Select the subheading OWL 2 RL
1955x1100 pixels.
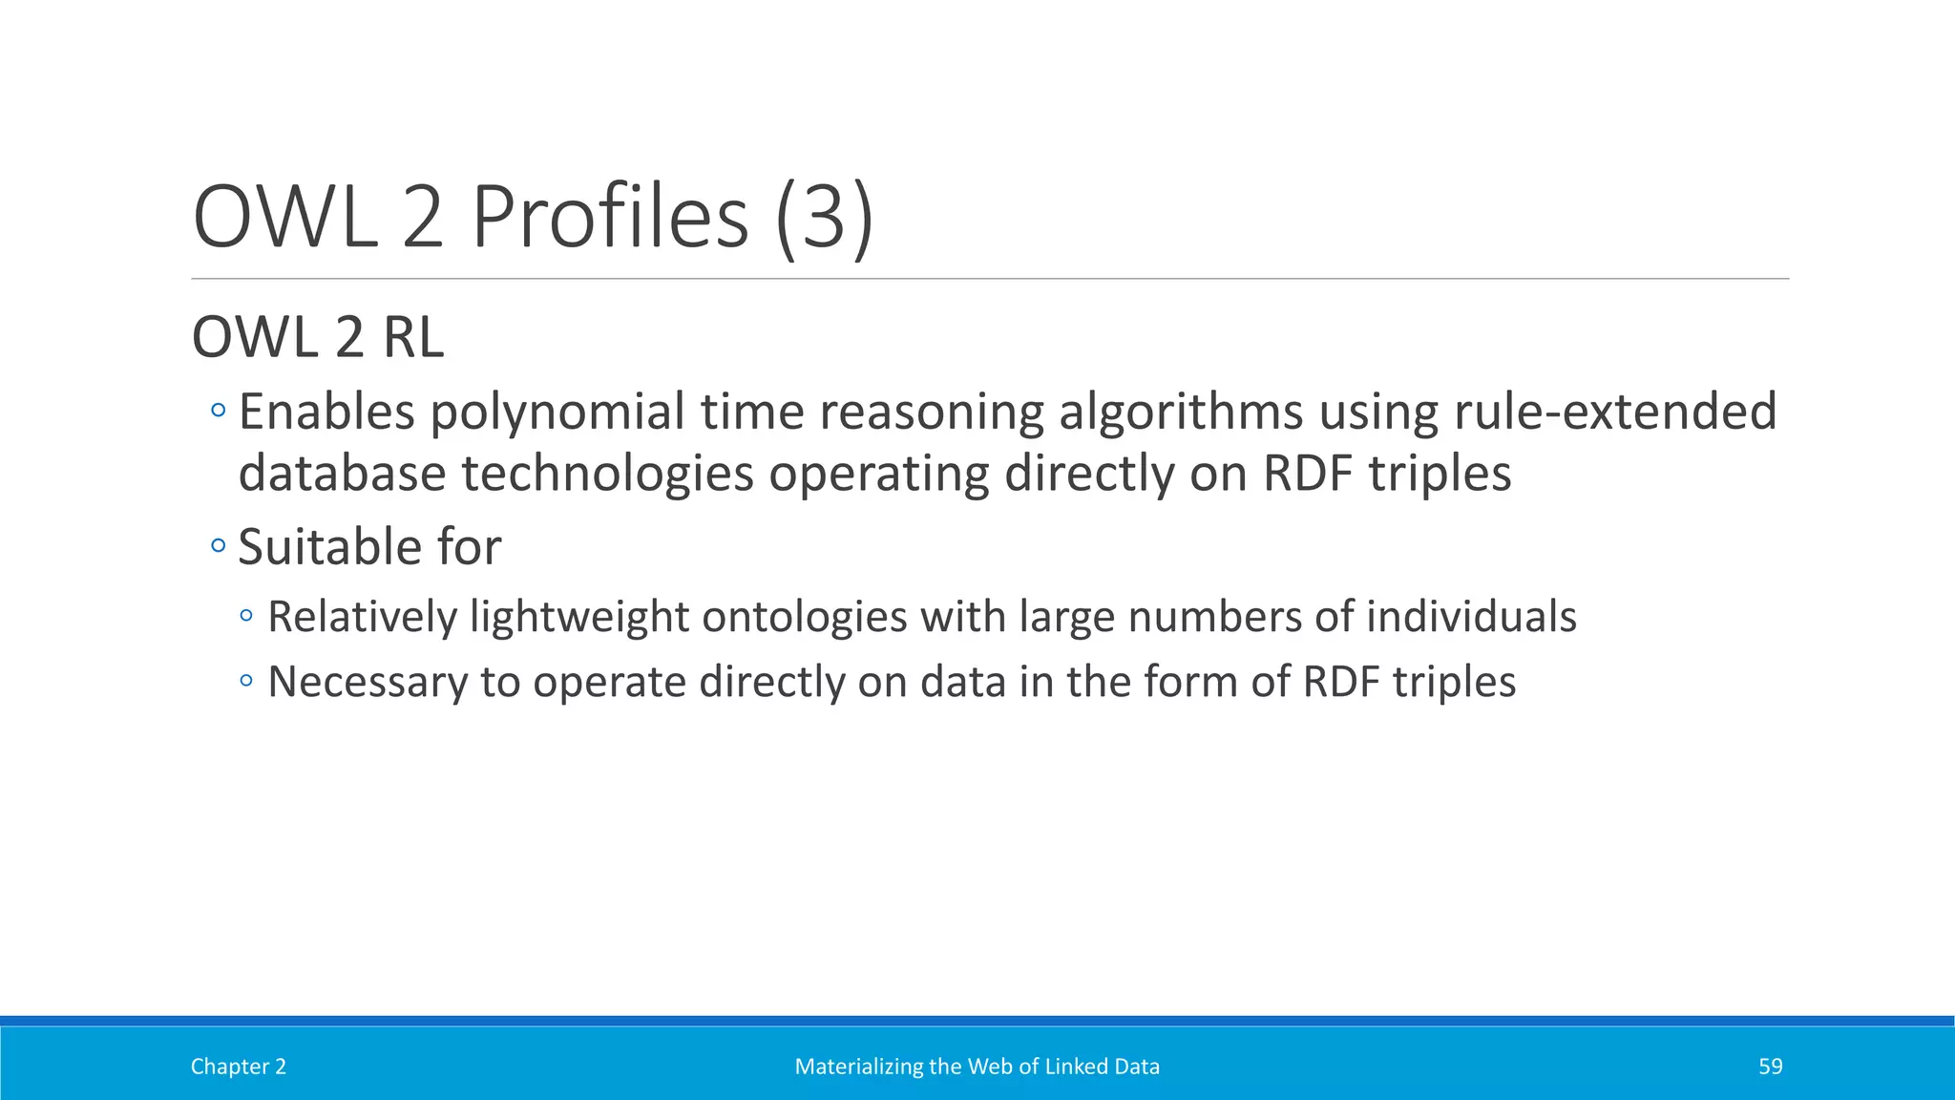click(318, 337)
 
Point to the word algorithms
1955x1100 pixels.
click(1181, 412)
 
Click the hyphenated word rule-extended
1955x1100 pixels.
click(1614, 412)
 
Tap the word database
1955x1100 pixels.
click(342, 474)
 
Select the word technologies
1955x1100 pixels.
click(608, 474)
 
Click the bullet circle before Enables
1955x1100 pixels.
click(219, 412)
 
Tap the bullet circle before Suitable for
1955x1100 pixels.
click(219, 546)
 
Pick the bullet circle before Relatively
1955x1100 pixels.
click(247, 616)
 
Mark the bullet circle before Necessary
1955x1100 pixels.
click(247, 682)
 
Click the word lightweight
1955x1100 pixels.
click(578, 617)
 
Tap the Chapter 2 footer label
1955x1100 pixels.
click(239, 1067)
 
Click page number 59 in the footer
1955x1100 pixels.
click(1770, 1067)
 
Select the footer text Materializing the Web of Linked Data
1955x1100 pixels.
click(977, 1067)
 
